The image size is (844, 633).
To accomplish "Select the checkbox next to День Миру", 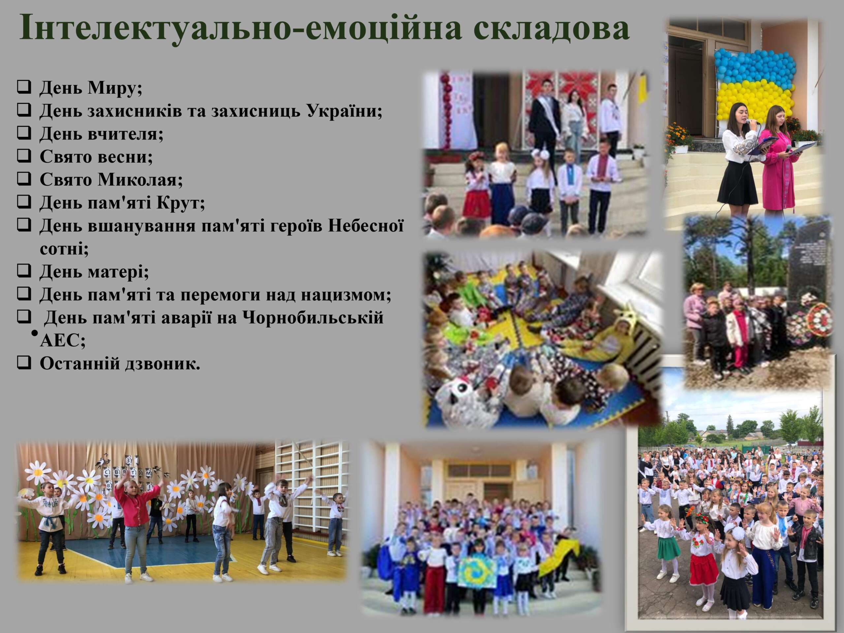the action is [24, 87].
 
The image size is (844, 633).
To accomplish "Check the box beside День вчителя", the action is [24, 133].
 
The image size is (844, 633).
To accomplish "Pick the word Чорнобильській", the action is [313, 317].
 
